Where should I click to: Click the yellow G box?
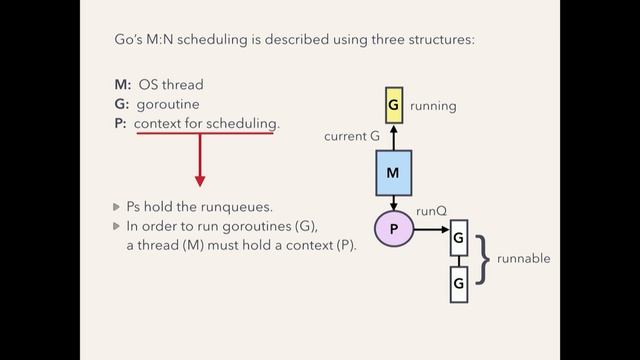(x=393, y=105)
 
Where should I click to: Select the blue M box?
(x=393, y=174)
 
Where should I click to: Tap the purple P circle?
(x=393, y=229)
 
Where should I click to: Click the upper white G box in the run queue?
(x=458, y=238)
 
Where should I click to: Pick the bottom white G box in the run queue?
(x=458, y=285)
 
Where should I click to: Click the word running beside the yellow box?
(x=432, y=105)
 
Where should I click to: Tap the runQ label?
(x=430, y=211)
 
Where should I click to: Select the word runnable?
(x=526, y=258)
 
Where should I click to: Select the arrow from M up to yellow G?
(x=393, y=137)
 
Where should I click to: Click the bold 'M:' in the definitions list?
(x=124, y=85)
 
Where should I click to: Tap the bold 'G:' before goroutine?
(x=123, y=104)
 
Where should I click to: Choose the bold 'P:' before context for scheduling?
(x=122, y=123)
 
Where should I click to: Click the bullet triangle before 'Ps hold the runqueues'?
(x=117, y=207)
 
